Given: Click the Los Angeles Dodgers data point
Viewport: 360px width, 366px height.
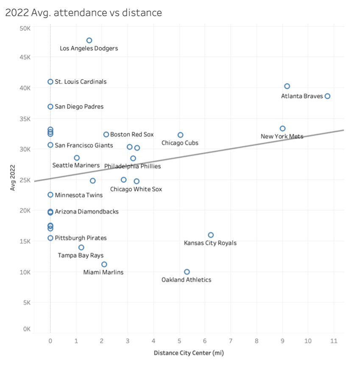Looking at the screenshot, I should [89, 41].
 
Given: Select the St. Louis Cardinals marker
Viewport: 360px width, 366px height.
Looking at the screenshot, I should [50, 82].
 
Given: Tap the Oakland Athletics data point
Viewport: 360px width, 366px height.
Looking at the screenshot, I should [187, 272].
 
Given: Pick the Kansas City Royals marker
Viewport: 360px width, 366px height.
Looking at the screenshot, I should [211, 235].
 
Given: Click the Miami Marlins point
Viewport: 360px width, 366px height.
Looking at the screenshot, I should [104, 264].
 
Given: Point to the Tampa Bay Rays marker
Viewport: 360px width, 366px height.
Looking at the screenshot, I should [81, 247].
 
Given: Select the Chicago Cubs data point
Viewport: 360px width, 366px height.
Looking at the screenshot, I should [180, 135].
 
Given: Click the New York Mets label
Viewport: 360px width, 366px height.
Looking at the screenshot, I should [282, 136].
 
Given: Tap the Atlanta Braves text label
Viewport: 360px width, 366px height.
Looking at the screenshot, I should [302, 96].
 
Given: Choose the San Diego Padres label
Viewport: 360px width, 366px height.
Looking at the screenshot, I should [79, 107].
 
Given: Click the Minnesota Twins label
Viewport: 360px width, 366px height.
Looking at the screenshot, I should [79, 195].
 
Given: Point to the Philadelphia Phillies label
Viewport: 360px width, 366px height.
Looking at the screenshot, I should [132, 166].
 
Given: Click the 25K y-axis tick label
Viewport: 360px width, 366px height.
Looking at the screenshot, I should [25, 180].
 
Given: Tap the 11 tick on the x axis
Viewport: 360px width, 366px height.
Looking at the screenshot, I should [334, 341].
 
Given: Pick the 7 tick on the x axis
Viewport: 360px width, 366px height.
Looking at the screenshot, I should [231, 341].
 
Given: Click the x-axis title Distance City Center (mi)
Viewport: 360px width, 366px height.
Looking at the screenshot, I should [189, 353].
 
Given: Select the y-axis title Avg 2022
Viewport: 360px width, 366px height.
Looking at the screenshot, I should [13, 177].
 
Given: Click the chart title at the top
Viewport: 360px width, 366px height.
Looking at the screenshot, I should [84, 13].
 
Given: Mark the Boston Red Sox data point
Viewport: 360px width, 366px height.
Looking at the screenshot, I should [106, 134].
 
